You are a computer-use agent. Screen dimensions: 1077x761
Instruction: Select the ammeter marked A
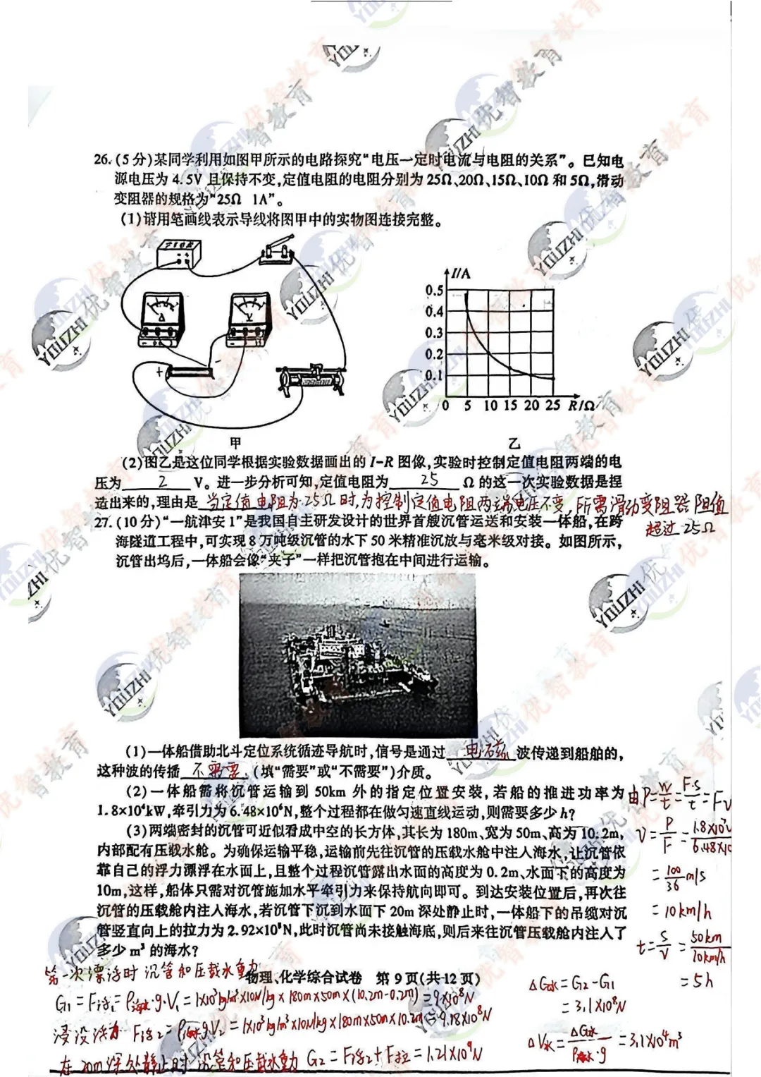[x=163, y=318]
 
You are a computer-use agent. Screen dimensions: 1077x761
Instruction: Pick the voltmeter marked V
[x=249, y=317]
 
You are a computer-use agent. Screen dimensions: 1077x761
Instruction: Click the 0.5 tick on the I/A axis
[x=434, y=291]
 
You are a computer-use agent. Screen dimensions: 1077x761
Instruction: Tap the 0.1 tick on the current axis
[x=434, y=375]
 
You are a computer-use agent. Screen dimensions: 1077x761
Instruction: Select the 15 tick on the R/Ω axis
[x=510, y=406]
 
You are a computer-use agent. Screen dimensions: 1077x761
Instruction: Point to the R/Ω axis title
[x=581, y=405]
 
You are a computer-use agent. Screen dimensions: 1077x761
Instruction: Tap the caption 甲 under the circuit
[x=235, y=443]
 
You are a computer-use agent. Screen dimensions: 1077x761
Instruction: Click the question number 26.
[x=103, y=160]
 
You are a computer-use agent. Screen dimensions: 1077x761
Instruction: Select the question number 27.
[x=104, y=521]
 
